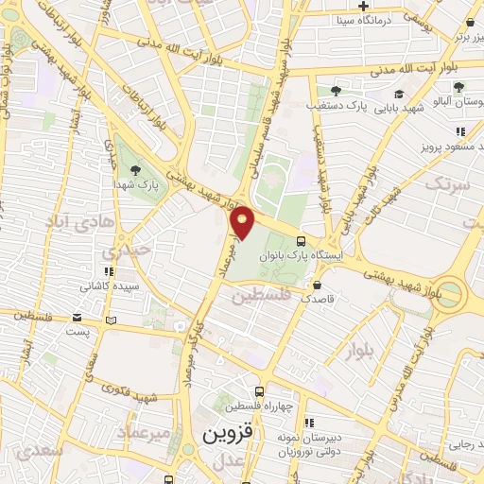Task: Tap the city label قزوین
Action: point(230,434)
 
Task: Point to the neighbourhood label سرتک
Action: point(446,183)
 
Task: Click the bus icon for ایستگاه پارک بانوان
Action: point(301,240)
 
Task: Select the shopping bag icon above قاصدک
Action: point(316,283)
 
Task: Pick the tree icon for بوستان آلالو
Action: point(458,87)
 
